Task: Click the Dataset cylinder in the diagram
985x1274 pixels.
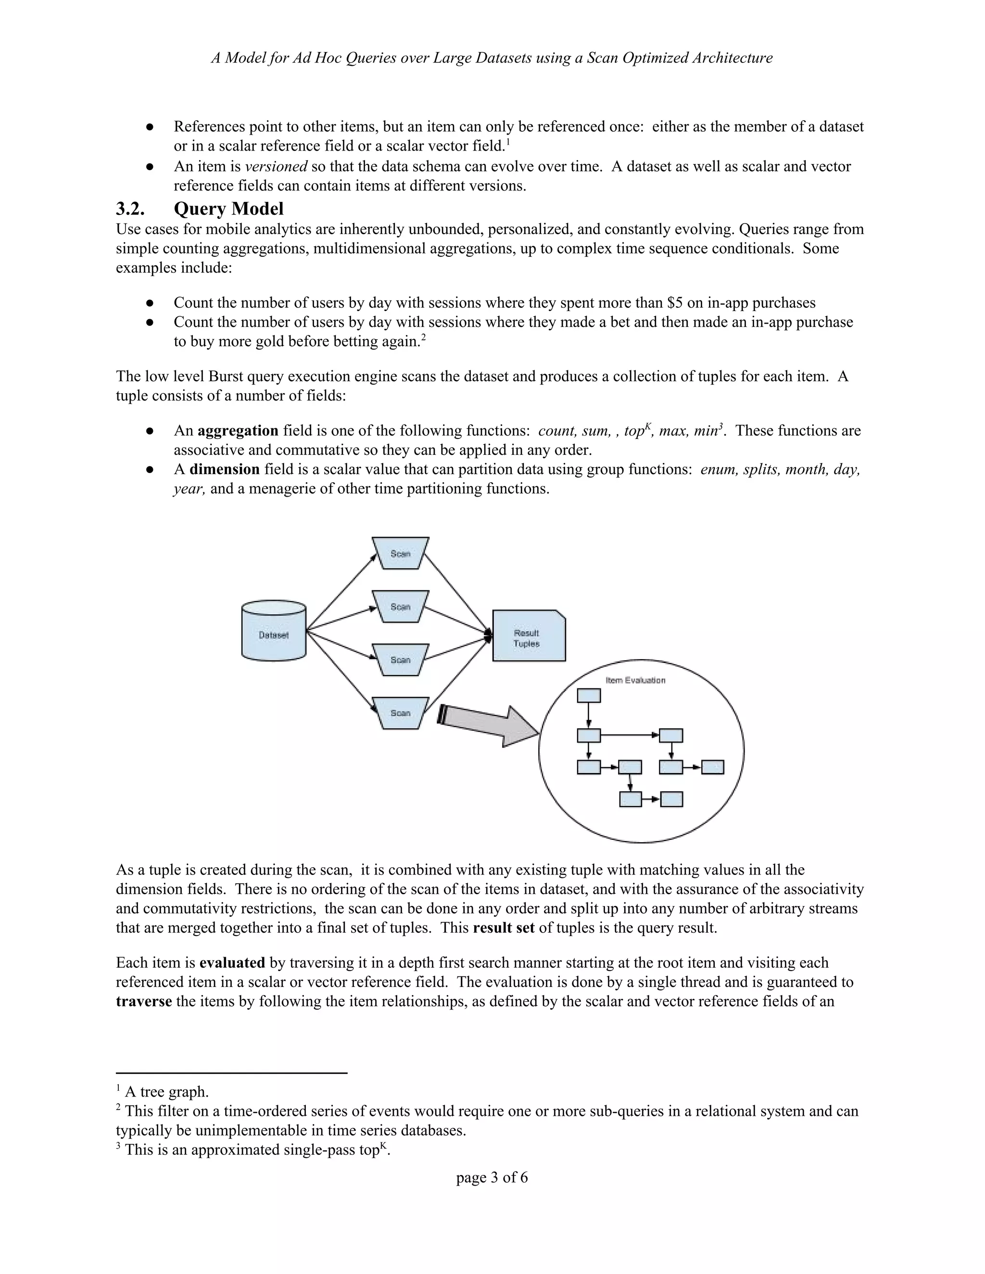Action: point(274,631)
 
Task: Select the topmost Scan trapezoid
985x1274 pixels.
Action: point(400,553)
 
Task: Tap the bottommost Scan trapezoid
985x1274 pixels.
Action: point(400,713)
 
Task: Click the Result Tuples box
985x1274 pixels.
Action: point(528,637)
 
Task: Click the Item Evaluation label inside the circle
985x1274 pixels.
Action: point(635,680)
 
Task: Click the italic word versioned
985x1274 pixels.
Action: point(276,167)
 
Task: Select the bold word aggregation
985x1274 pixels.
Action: point(238,431)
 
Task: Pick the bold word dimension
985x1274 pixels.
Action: point(224,470)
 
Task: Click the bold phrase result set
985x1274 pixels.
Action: point(503,928)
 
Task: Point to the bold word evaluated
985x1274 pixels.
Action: point(232,963)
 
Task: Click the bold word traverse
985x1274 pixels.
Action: point(143,1001)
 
